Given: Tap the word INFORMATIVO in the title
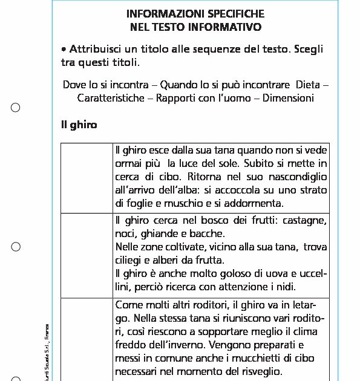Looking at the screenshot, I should click(x=229, y=27).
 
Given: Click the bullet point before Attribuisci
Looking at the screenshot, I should click(x=64, y=49).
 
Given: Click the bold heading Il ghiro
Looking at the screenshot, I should click(x=79, y=125).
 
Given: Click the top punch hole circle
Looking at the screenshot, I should click(x=16, y=108).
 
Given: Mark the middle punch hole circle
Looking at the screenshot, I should click(x=16, y=247).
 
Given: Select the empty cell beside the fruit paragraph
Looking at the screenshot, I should click(x=87, y=254).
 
